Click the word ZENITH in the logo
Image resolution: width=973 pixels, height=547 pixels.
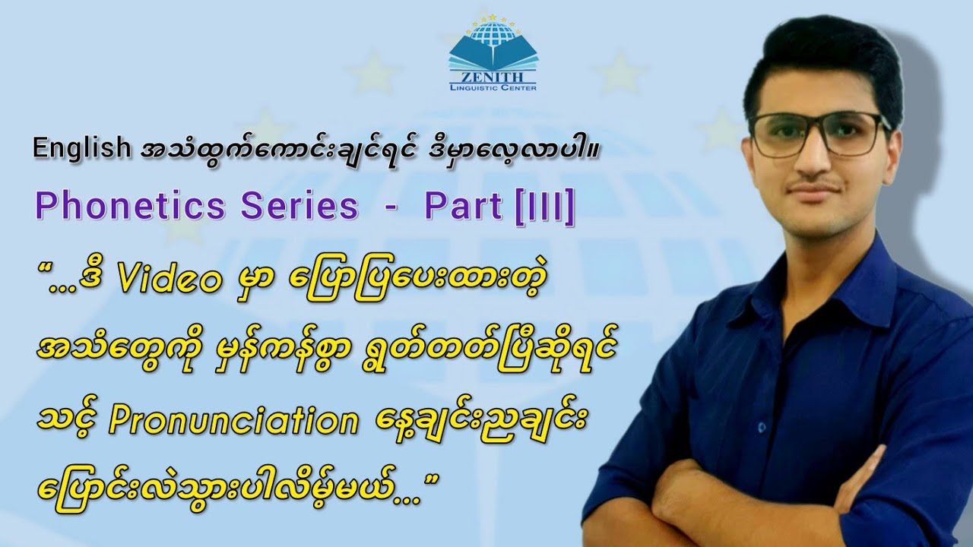pos(492,77)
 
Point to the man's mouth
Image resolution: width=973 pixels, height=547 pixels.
pos(818,188)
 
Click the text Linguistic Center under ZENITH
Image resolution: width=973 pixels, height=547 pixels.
pos(492,88)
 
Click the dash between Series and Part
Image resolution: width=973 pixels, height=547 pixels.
pos(391,207)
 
